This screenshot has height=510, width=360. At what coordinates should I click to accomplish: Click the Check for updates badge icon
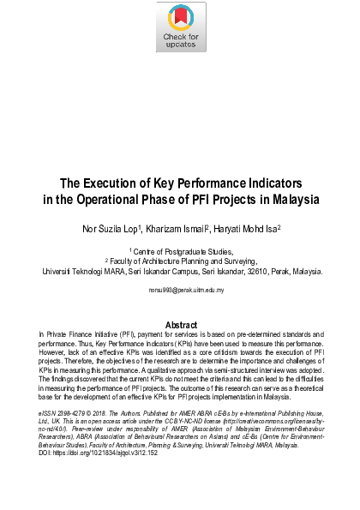coord(181,27)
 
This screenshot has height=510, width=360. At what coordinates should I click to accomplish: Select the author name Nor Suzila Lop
coord(120,230)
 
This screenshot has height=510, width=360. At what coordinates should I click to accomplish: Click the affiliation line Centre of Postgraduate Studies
coord(182,252)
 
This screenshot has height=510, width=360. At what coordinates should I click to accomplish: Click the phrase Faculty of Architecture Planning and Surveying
coord(183,261)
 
